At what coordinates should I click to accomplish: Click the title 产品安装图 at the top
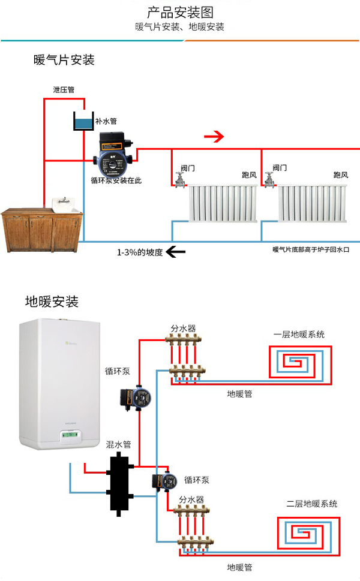tap(180, 13)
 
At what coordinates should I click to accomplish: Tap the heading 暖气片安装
tap(64, 60)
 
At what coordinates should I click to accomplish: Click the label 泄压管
tap(64, 90)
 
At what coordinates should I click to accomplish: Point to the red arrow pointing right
tap(213, 137)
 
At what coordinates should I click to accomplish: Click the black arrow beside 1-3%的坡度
tap(176, 252)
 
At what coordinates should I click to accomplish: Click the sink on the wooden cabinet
tap(65, 204)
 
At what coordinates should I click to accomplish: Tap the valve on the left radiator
tap(179, 179)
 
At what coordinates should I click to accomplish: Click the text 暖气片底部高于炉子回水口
tap(310, 249)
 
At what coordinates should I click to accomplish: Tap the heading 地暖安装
tap(52, 302)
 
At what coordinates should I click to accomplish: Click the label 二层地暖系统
tap(311, 504)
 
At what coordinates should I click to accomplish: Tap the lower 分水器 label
tap(191, 499)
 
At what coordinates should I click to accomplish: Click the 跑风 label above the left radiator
tap(249, 175)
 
